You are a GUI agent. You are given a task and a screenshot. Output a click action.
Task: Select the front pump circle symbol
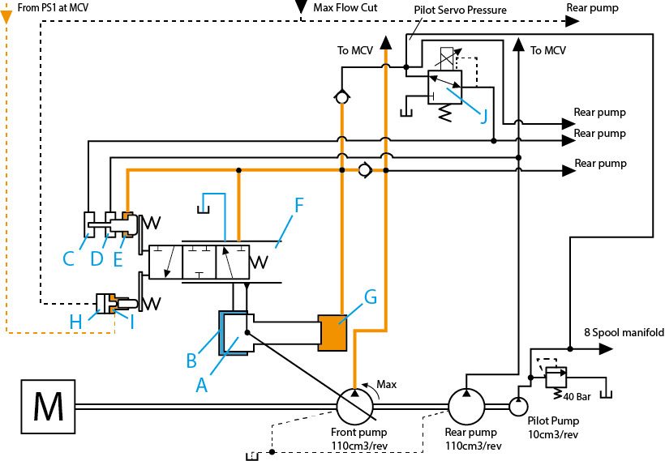coord(355,407)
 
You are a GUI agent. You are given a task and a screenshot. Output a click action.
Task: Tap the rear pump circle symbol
coord(466,407)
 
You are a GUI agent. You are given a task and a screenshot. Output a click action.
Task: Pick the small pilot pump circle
coord(518,407)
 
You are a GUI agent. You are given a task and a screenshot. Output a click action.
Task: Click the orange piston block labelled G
coord(332,333)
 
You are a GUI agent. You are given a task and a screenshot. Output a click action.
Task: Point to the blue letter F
coord(299,205)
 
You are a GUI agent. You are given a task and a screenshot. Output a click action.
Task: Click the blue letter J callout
coord(483,115)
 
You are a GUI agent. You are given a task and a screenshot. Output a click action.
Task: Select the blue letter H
coord(76,322)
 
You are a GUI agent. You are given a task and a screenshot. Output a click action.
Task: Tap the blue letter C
coord(69,258)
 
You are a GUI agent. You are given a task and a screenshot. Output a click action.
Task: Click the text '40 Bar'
coord(577,397)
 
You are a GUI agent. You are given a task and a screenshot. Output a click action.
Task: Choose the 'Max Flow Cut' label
coord(345,7)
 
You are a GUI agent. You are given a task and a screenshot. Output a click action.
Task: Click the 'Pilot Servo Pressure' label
coord(460,10)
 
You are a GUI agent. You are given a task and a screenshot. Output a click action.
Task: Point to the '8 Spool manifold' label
coord(624,333)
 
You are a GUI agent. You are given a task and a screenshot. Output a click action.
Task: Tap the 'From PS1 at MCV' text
coord(53,7)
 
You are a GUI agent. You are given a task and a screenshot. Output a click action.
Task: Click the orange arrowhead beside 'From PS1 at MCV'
coord(6,17)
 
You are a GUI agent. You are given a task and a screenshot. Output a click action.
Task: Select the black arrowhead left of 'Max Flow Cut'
coord(301,6)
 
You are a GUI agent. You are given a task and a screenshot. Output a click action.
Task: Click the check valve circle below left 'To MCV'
coord(341,97)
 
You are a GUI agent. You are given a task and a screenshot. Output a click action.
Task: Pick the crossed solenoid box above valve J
coord(447,59)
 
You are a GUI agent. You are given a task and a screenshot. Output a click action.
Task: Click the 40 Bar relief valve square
coord(556,377)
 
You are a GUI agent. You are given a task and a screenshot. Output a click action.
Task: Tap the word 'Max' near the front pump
coord(386,384)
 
